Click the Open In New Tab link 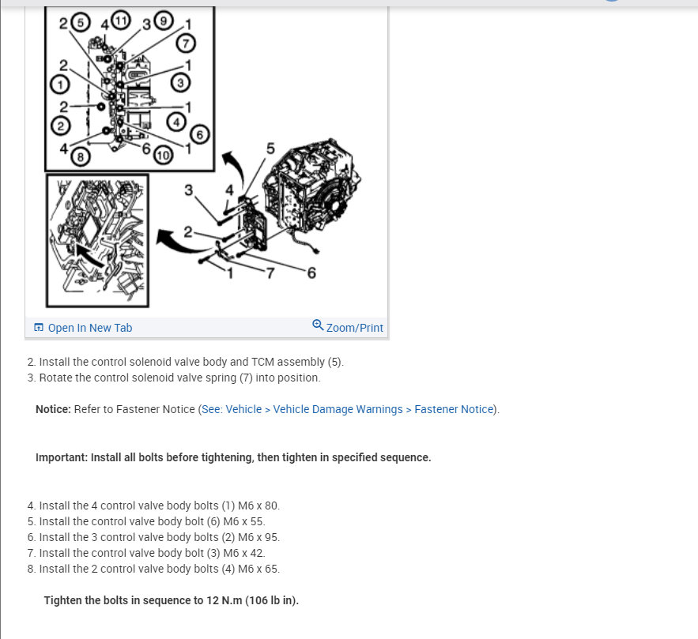click(x=83, y=328)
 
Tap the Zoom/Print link click(x=348, y=327)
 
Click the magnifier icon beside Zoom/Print click(x=318, y=325)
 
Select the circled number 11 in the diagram click(x=121, y=20)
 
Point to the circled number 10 click(x=163, y=155)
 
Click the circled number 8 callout click(x=81, y=156)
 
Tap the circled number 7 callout click(x=186, y=43)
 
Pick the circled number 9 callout click(x=164, y=21)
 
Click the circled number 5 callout click(x=81, y=22)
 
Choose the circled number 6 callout click(x=199, y=134)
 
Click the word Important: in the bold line click(x=62, y=457)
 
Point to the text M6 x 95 click(x=258, y=537)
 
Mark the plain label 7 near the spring click(x=270, y=273)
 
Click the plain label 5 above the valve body click(x=270, y=148)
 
